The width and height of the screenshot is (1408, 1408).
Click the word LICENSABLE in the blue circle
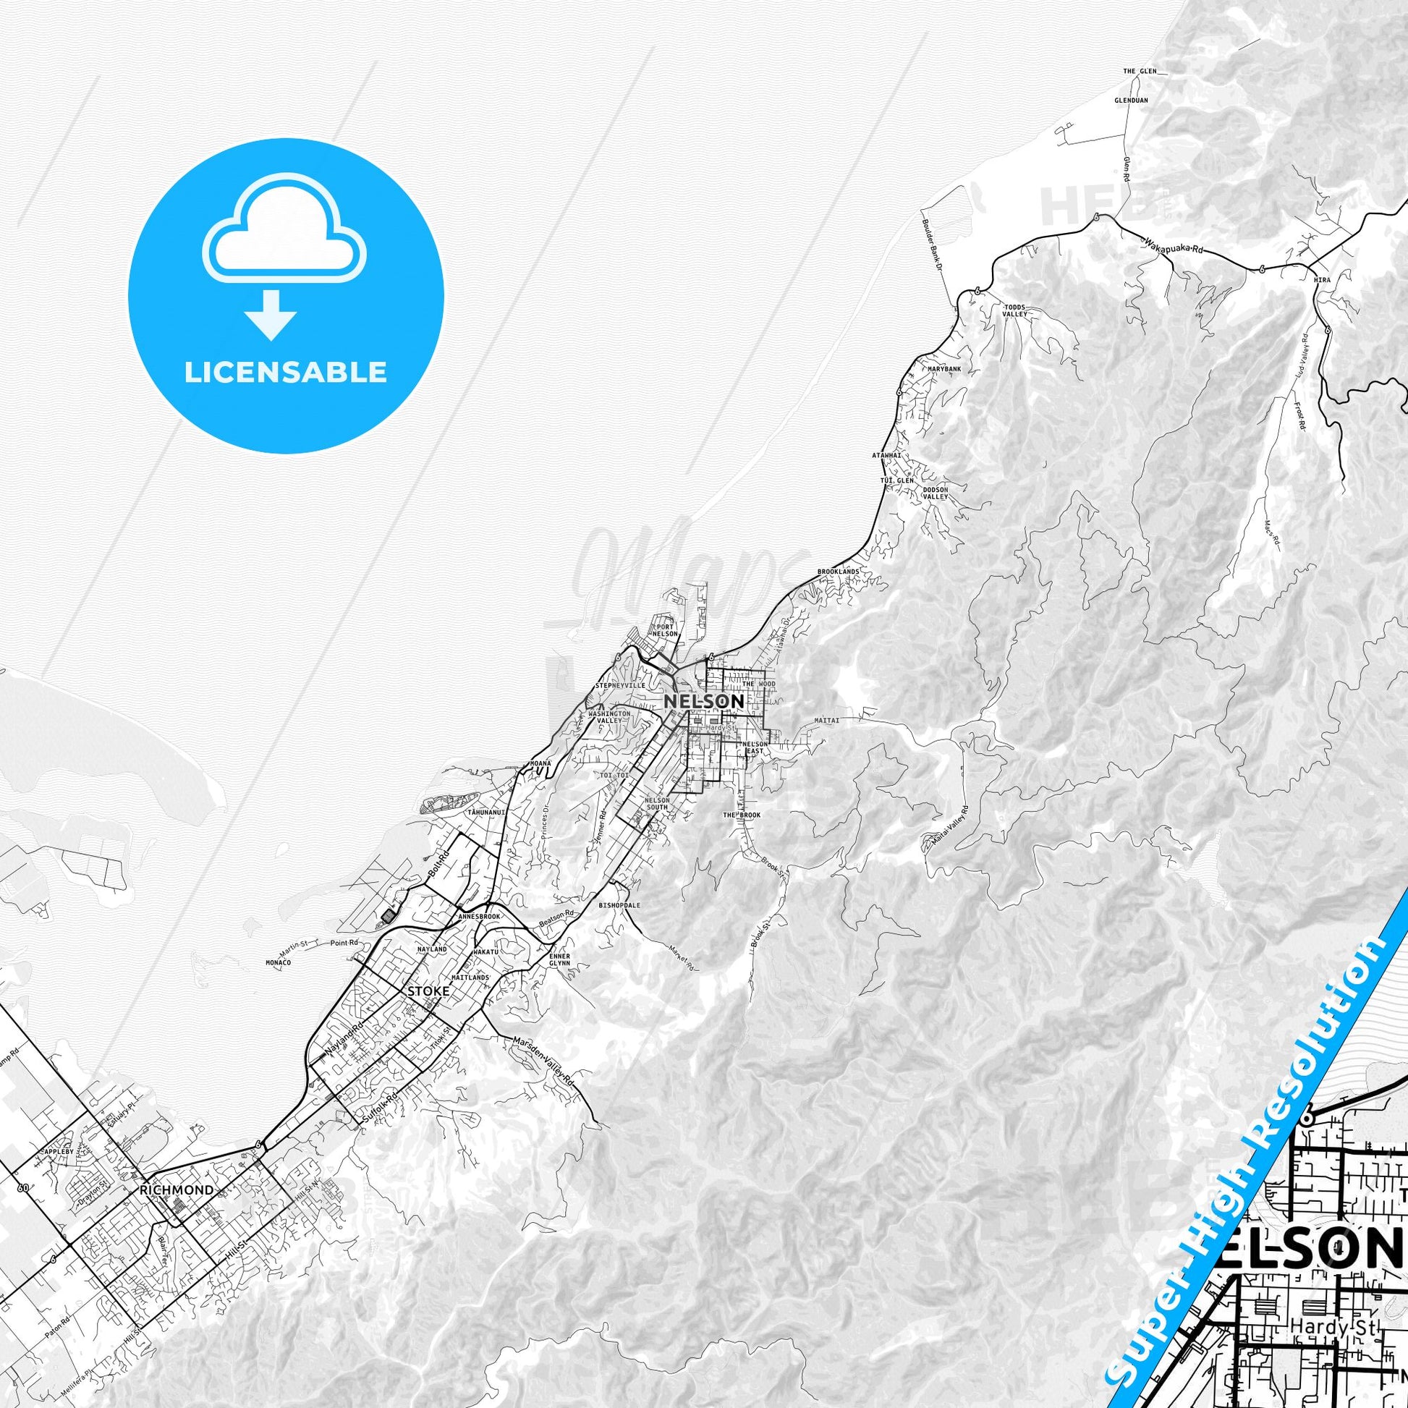pos(286,373)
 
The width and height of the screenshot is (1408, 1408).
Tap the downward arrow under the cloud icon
pos(271,314)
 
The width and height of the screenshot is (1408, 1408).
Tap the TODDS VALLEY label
pos(1015,310)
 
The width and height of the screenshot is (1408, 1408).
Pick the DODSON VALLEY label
pos(936,493)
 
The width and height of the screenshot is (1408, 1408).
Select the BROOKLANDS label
pos(838,572)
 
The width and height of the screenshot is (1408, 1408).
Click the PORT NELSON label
pos(665,629)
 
